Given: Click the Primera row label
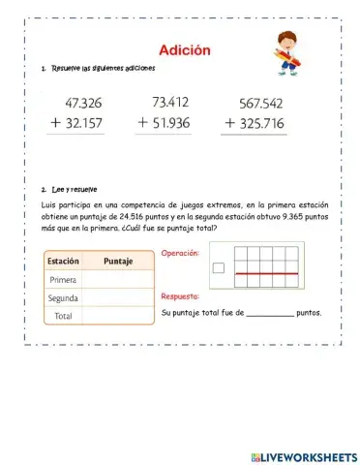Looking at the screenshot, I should point(63,280).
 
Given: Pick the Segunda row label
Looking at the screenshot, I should point(63,298).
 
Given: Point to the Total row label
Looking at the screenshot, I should point(63,316).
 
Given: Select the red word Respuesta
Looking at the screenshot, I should point(180,296).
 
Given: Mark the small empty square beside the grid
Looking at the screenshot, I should point(218,268).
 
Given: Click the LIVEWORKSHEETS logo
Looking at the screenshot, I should point(303,455).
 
